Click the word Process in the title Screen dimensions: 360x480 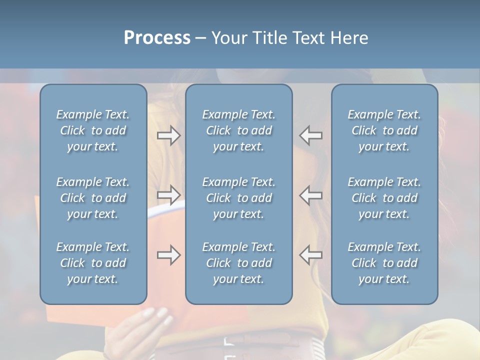(157, 37)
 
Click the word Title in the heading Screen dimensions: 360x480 (268, 37)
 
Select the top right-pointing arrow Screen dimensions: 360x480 (168, 135)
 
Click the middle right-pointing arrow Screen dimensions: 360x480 (168, 195)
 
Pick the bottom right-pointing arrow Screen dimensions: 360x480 (168, 255)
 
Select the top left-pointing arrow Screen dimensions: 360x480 (311, 135)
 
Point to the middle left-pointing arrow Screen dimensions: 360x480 (311, 195)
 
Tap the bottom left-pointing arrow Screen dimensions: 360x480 (311, 255)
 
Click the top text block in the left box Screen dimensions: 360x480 (93, 130)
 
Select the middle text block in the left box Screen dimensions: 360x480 (93, 198)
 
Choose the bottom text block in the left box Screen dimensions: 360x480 (93, 263)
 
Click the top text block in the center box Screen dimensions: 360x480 (239, 130)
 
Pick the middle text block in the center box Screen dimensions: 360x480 (239, 198)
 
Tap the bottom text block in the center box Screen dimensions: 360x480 (239, 263)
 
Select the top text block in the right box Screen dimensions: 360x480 (384, 130)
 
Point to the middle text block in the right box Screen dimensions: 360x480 (384, 198)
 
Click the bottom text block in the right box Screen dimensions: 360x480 (384, 263)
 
